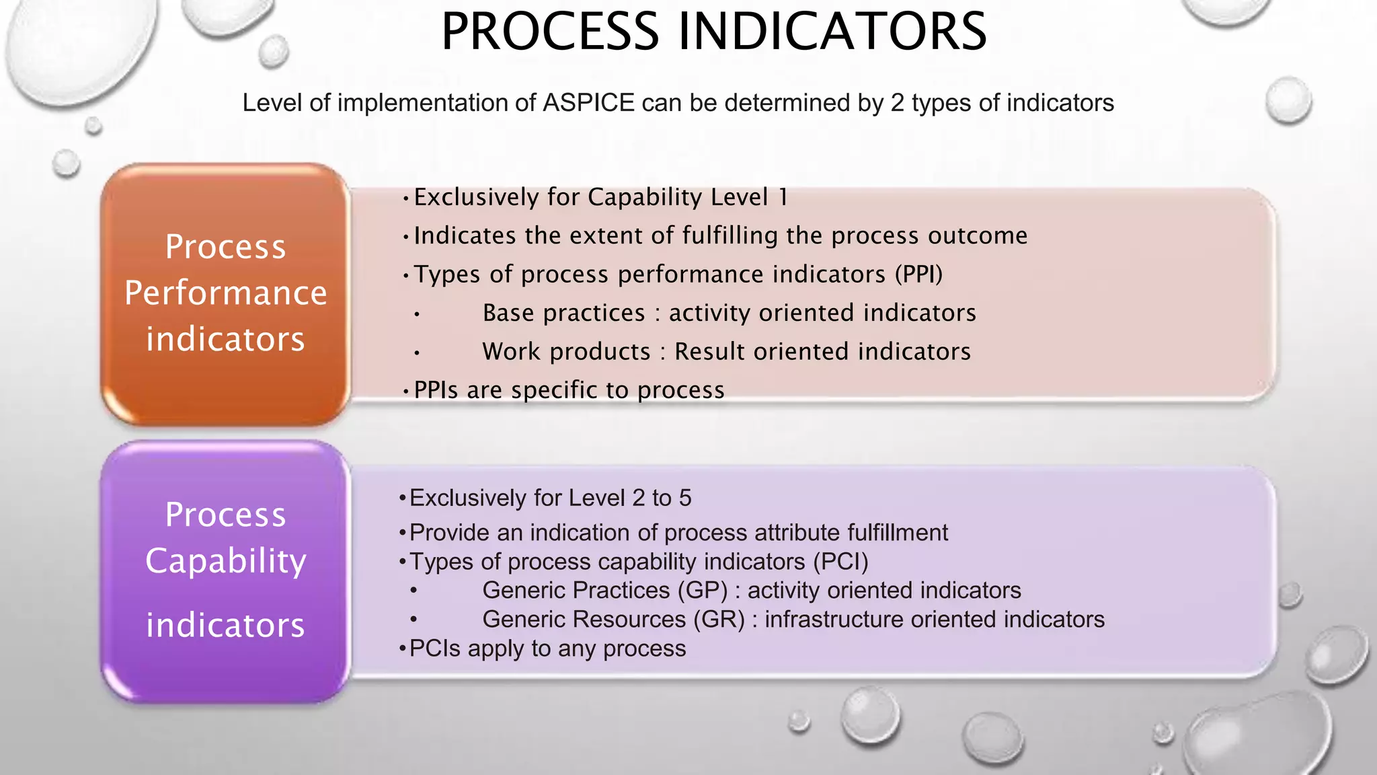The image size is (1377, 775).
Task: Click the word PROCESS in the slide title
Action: (x=549, y=32)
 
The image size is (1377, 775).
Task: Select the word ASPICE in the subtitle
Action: (x=588, y=103)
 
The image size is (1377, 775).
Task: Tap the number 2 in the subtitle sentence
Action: (x=898, y=103)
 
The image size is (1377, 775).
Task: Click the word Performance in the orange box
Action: (x=225, y=293)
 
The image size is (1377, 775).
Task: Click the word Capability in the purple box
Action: (x=225, y=561)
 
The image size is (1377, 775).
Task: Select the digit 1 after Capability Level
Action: (x=783, y=198)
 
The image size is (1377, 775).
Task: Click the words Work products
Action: (x=566, y=352)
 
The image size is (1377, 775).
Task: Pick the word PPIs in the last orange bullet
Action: (x=436, y=390)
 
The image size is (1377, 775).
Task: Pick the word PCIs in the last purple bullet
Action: (x=434, y=649)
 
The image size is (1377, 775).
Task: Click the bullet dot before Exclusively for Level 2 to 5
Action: (x=402, y=499)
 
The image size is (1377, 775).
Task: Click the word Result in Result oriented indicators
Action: (x=710, y=352)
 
